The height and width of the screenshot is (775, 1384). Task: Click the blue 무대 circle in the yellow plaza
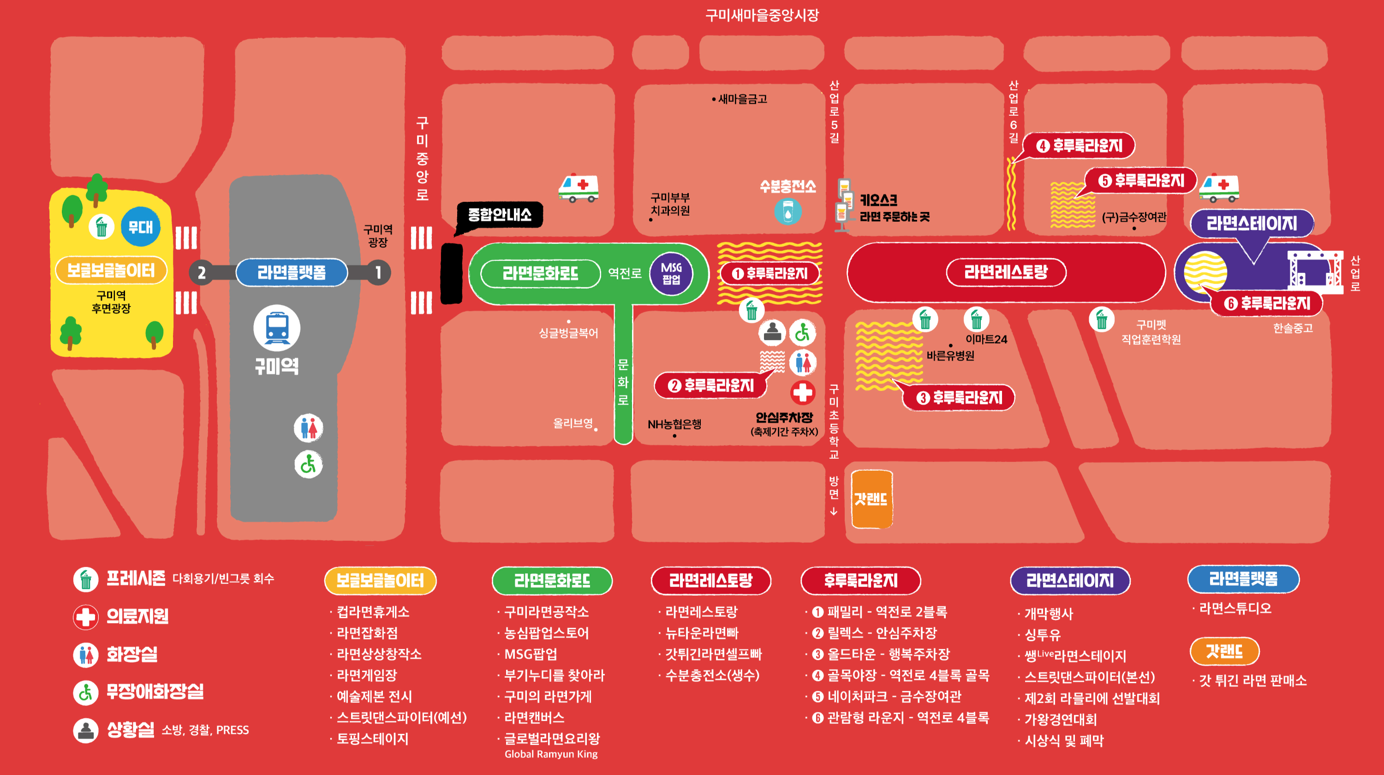(140, 227)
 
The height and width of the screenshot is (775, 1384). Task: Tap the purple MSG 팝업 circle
(671, 273)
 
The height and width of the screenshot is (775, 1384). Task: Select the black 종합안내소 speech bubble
(499, 215)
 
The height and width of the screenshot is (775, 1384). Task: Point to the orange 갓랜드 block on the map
(871, 499)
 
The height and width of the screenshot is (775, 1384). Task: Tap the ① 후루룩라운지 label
(770, 273)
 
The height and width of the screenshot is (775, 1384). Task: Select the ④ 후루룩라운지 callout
(1079, 146)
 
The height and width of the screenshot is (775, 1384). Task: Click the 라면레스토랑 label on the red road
(1006, 272)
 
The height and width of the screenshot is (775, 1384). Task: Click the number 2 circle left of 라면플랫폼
(202, 273)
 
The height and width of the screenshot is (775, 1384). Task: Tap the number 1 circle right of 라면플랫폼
(378, 273)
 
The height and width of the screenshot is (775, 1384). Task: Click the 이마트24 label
(986, 339)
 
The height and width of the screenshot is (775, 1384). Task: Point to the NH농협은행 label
(674, 424)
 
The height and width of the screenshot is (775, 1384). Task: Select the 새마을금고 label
(742, 99)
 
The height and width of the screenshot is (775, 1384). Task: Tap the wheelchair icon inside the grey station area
(308, 465)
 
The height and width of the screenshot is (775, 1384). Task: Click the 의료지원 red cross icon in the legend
(85, 616)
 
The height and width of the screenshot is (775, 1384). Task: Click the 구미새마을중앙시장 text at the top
(762, 15)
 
